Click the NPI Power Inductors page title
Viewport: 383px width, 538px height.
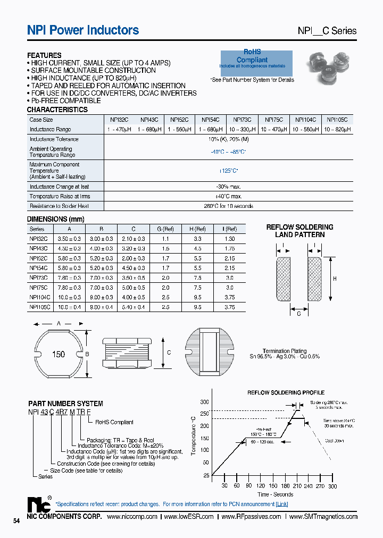click(83, 30)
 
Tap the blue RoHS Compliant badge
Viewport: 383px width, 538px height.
click(256, 60)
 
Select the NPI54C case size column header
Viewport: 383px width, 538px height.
click(212, 120)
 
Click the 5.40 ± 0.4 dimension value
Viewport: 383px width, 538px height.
click(134, 307)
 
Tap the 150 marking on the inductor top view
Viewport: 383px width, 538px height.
click(59, 355)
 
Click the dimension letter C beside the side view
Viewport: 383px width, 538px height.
click(170, 352)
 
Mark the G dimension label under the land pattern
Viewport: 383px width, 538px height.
click(299, 313)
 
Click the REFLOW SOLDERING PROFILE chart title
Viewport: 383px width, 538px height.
click(286, 392)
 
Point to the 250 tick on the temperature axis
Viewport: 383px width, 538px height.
click(205, 414)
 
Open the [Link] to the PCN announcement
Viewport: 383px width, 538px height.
click(282, 503)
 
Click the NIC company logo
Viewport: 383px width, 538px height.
click(39, 505)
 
